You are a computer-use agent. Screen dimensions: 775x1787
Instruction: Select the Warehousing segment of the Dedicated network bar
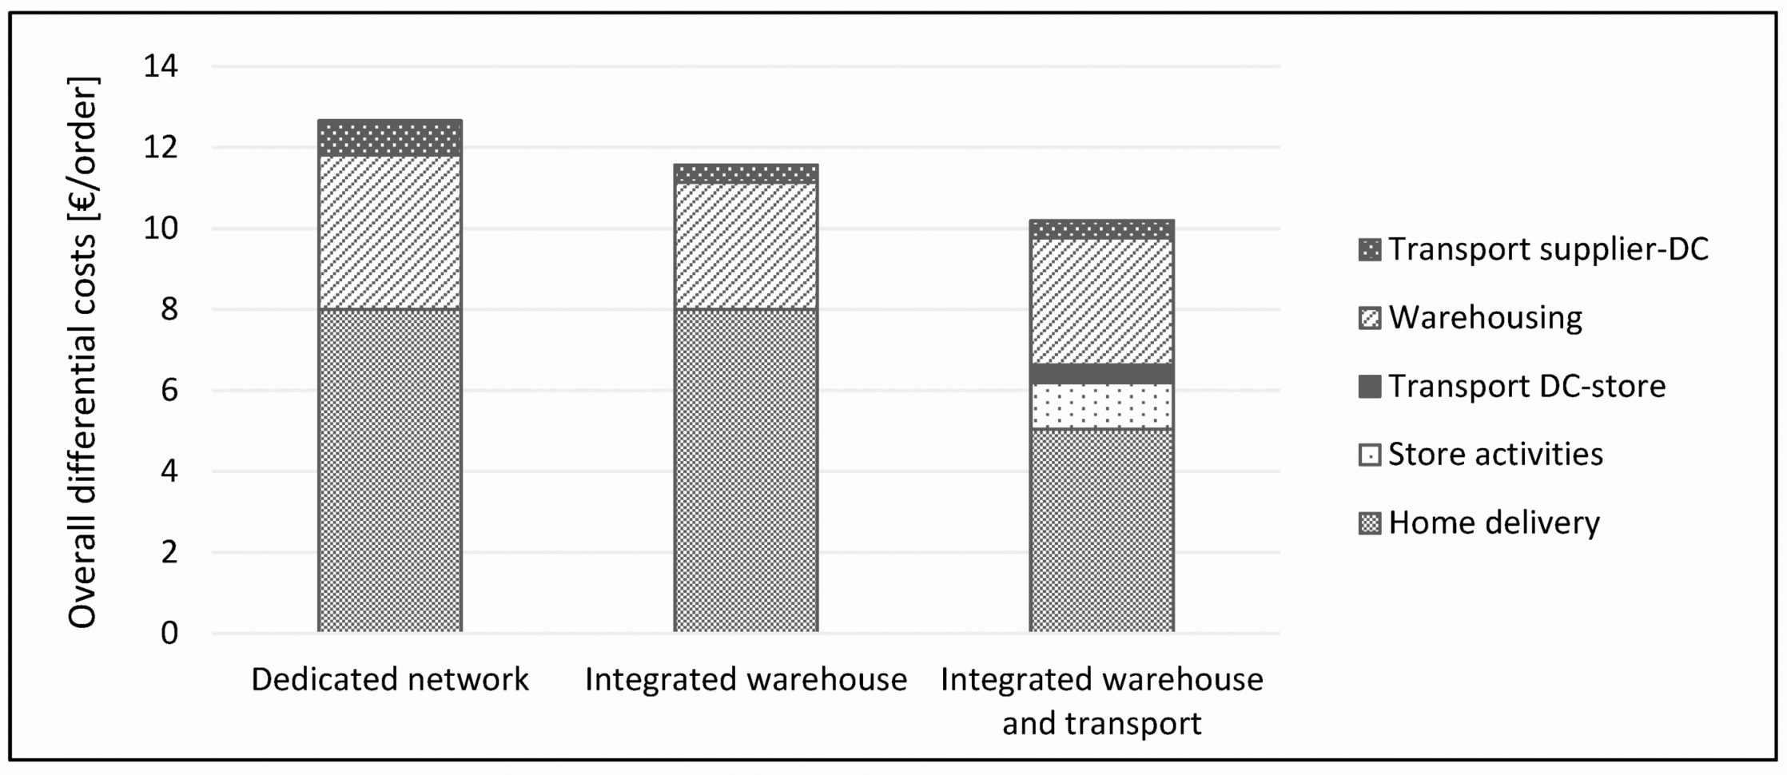point(390,232)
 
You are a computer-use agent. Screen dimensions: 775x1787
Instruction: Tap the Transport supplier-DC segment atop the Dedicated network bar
point(390,138)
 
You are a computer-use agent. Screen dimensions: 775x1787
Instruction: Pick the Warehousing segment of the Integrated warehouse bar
point(746,245)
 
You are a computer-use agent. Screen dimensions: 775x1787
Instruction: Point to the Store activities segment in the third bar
point(1101,406)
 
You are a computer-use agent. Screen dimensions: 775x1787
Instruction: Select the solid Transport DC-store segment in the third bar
point(1101,374)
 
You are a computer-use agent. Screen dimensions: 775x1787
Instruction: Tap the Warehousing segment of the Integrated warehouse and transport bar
point(1101,301)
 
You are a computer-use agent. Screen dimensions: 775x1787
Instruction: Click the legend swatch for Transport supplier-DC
point(1370,250)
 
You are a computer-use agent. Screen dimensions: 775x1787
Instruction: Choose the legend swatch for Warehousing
point(1370,319)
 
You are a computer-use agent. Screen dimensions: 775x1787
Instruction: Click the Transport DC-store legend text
point(1526,387)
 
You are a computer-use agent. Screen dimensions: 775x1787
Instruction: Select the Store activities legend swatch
point(1370,455)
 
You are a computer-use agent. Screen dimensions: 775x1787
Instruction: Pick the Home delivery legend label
point(1494,523)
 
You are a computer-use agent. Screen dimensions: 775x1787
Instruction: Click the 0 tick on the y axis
point(169,634)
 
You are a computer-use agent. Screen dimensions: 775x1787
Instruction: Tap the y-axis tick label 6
point(169,391)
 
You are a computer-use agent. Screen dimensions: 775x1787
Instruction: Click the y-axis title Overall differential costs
point(82,352)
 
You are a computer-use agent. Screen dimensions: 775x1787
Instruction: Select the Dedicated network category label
point(390,680)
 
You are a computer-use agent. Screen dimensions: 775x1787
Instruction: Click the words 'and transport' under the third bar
point(1101,724)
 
